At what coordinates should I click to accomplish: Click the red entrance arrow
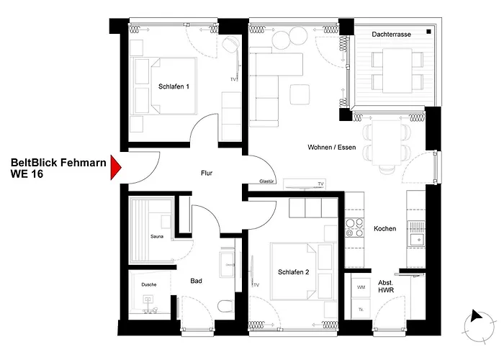click(115, 167)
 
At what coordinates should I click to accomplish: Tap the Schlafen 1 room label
click(174, 86)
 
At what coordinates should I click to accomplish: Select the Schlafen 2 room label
click(294, 272)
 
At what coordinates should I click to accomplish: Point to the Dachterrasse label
click(391, 35)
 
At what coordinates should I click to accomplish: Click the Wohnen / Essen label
click(332, 147)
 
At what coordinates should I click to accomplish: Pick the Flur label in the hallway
click(207, 174)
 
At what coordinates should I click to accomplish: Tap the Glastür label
click(266, 181)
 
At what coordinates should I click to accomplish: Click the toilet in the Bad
click(225, 306)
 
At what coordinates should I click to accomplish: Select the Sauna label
click(157, 237)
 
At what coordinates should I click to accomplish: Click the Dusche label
click(149, 284)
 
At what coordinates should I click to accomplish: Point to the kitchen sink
click(417, 239)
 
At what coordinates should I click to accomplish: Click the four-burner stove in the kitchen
click(354, 228)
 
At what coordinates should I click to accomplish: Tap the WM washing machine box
click(361, 287)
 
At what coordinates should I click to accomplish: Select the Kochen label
click(384, 229)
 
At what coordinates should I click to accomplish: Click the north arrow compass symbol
click(479, 327)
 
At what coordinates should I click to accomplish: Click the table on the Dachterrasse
click(397, 71)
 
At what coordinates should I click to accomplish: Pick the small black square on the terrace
click(429, 32)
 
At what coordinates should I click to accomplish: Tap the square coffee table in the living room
click(300, 94)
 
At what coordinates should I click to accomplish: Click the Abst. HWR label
click(386, 287)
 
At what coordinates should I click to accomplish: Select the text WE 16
click(27, 174)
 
